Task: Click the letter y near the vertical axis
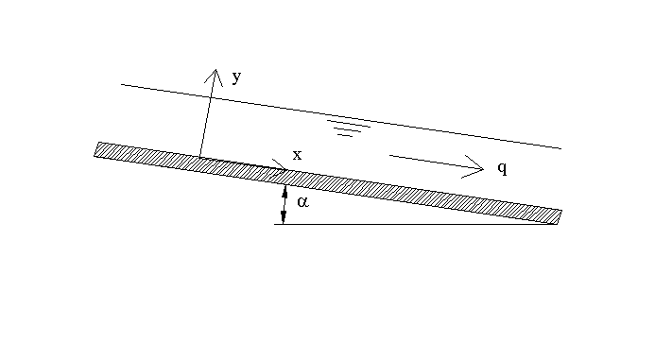(x=237, y=77)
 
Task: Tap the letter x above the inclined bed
(x=297, y=155)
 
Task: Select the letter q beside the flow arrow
(x=503, y=168)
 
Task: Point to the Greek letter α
(x=302, y=202)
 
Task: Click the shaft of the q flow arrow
(x=436, y=162)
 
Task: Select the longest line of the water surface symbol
(x=349, y=123)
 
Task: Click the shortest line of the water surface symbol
(x=346, y=135)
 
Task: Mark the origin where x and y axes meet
(x=199, y=157)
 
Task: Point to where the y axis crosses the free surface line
(x=211, y=97)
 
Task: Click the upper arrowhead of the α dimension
(x=285, y=191)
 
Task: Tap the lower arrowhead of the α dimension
(x=284, y=217)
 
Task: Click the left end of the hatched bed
(x=96, y=149)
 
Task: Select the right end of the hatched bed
(x=560, y=217)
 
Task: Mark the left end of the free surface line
(x=121, y=84)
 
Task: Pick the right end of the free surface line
(x=561, y=148)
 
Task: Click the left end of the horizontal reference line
(x=274, y=224)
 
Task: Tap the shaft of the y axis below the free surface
(x=205, y=128)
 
